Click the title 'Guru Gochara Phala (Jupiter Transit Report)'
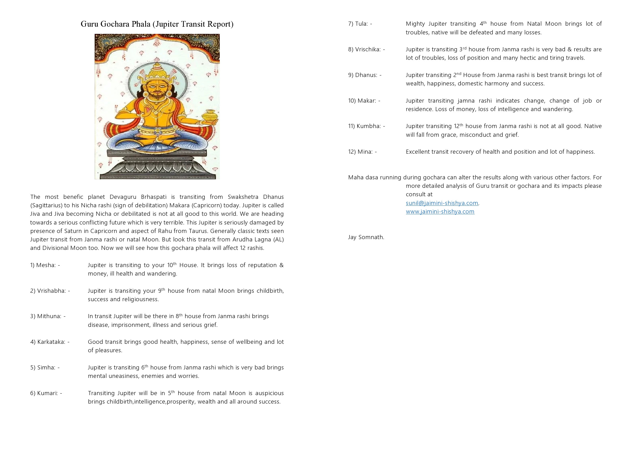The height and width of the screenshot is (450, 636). (157, 24)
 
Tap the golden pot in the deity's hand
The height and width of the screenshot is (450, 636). (208, 115)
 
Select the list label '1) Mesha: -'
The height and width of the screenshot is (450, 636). (45, 265)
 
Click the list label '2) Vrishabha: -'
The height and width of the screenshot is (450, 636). (50, 291)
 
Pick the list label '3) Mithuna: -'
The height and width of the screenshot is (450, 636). (48, 316)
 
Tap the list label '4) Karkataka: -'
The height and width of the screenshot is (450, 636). (49, 342)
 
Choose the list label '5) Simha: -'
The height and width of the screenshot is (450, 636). (45, 368)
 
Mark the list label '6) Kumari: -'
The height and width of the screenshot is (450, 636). (46, 393)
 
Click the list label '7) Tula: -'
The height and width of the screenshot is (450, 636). (360, 24)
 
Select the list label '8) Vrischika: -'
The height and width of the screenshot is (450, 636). (366, 50)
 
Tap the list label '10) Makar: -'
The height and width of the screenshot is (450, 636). (364, 101)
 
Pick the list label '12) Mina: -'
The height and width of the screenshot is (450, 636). (362, 152)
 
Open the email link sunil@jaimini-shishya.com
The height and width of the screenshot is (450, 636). (442, 203)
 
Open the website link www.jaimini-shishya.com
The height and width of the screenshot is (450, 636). (440, 212)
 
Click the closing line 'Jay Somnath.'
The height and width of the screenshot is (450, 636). (366, 237)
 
